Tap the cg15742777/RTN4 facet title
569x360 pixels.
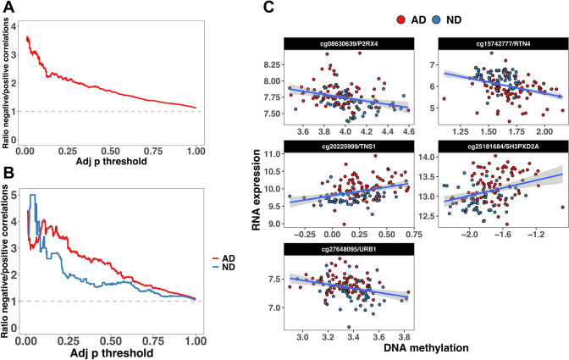[494, 43]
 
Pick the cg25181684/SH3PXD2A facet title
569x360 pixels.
[494, 143]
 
